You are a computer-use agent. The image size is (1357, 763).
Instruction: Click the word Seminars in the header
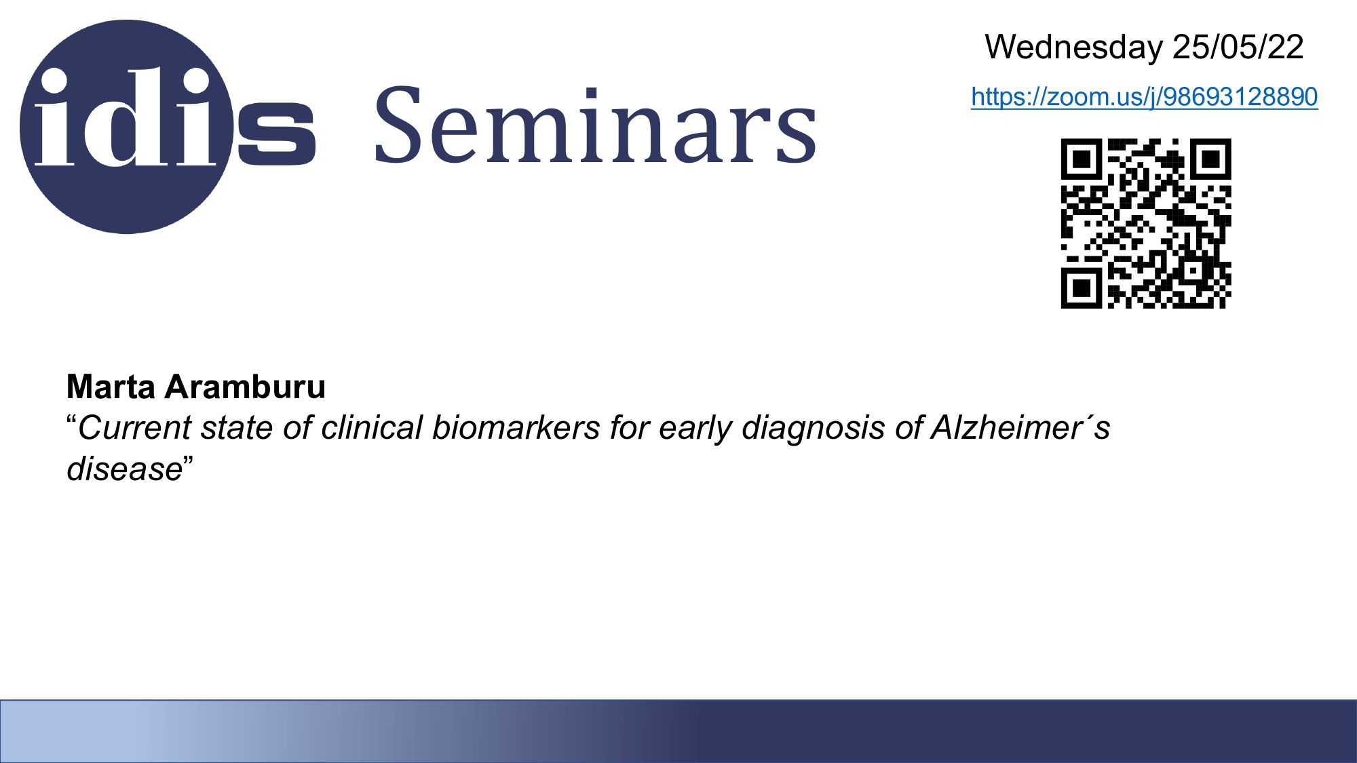pos(595,125)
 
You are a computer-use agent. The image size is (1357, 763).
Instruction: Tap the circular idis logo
pos(127,127)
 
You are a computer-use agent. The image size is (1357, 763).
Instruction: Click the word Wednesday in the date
pos(1073,47)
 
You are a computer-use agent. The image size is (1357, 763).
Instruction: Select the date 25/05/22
pos(1238,47)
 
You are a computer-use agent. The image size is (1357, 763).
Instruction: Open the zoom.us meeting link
pos(1144,97)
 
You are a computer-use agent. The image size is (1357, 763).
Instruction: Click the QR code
pos(1146,224)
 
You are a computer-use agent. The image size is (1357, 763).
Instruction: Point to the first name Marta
pos(111,387)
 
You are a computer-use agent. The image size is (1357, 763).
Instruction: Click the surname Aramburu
pos(245,387)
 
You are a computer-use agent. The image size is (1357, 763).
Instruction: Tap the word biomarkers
pos(516,428)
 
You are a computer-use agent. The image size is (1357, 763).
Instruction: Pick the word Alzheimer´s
pos(1020,428)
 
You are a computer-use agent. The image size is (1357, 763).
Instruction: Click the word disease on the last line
pos(125,469)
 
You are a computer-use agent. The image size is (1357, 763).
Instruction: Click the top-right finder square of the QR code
pos(1211,159)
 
